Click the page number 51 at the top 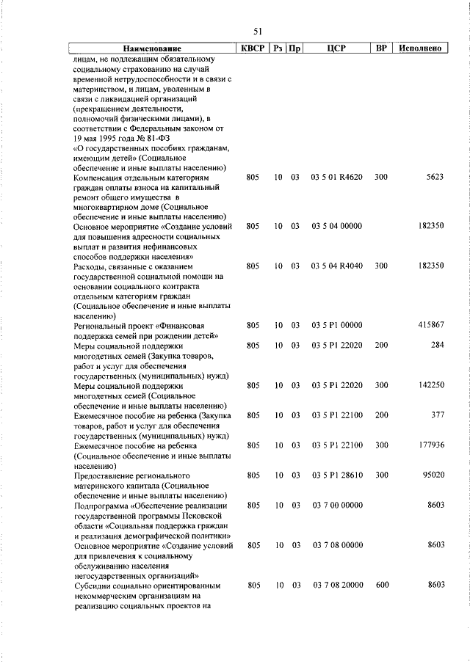(x=258, y=31)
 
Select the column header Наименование (x=152, y=48)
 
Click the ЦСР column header (x=337, y=48)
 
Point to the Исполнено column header (x=420, y=48)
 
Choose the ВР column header (x=380, y=48)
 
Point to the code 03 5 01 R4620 (x=337, y=178)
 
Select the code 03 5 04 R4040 (x=337, y=265)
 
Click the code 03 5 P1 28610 (x=337, y=475)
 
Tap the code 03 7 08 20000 (x=337, y=585)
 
